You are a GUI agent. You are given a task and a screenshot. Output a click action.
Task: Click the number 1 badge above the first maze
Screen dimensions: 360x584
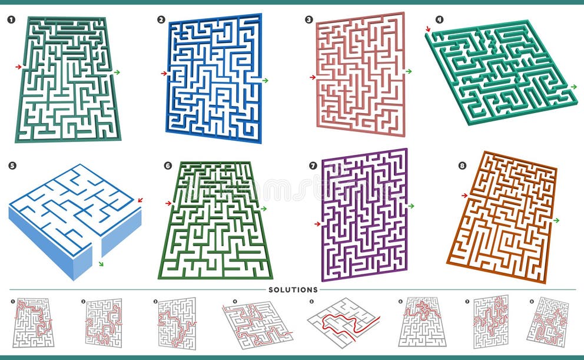coord(11,19)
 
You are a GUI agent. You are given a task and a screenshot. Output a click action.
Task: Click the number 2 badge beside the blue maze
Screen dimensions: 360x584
coord(161,19)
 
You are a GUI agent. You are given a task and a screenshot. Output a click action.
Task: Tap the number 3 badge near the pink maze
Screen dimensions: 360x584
coord(308,19)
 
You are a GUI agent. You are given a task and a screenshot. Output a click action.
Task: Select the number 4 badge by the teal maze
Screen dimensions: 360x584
coord(439,19)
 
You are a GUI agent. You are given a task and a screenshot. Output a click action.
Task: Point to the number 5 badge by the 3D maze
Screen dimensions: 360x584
coord(12,166)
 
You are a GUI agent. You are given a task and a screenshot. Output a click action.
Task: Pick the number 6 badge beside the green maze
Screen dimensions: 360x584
coord(168,166)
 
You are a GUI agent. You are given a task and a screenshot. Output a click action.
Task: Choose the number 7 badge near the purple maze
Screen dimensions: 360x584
coord(313,166)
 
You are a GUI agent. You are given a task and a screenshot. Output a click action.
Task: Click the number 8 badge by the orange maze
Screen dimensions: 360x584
coord(462,166)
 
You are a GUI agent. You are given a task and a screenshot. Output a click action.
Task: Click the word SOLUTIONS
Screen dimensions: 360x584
coord(293,290)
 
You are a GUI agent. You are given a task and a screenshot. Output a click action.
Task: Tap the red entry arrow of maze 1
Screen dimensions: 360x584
coord(18,67)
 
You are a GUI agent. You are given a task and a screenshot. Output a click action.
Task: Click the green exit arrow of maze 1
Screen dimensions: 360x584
coord(117,72)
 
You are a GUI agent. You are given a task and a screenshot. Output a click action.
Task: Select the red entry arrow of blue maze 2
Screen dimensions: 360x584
coord(164,74)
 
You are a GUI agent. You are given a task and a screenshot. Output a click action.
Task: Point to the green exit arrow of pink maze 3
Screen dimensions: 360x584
coord(409,71)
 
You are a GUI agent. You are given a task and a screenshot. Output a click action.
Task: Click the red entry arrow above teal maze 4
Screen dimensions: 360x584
coord(428,28)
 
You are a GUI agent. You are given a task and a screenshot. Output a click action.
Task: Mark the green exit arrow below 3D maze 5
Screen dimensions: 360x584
coord(101,263)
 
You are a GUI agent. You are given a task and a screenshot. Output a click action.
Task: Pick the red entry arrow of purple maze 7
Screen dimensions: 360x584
coord(317,224)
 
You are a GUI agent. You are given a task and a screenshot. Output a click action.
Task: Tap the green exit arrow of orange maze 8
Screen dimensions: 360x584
coord(556,220)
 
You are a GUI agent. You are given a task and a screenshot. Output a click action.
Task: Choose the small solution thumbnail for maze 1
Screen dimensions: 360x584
coord(33,322)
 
